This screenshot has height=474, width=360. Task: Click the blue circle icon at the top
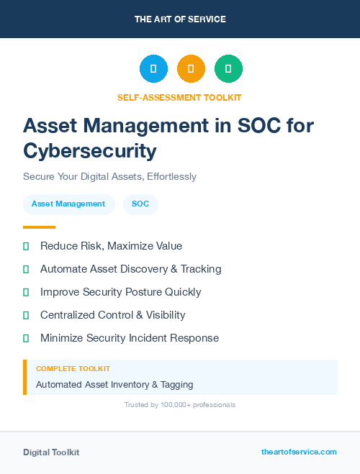coord(153,69)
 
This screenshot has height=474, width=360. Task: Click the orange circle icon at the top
coord(191,69)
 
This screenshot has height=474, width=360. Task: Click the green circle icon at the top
coord(228,69)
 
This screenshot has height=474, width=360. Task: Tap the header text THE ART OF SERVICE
coord(180,19)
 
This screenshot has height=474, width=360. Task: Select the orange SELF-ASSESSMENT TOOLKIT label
coord(179,97)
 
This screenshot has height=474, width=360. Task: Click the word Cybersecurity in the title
coord(89,150)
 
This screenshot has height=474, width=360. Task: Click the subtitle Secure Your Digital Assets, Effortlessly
coord(109,176)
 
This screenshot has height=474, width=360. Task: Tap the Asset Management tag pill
coord(68,204)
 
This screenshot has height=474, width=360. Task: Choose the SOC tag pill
coord(140,204)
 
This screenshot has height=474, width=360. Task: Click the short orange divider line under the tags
coord(39,227)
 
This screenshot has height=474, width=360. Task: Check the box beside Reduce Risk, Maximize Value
coord(26,246)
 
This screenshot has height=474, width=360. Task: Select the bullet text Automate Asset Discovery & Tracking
coord(130,269)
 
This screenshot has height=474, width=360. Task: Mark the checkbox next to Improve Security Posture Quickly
coord(26,292)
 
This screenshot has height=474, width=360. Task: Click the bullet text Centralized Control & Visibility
coord(112,315)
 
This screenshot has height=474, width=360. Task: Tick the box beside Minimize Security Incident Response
coord(26,338)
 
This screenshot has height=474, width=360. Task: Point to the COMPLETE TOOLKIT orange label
coord(73,368)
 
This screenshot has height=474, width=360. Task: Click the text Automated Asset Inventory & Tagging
coord(114,385)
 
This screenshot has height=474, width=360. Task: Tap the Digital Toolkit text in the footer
coord(51,452)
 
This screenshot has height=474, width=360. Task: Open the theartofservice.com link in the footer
coord(299,452)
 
